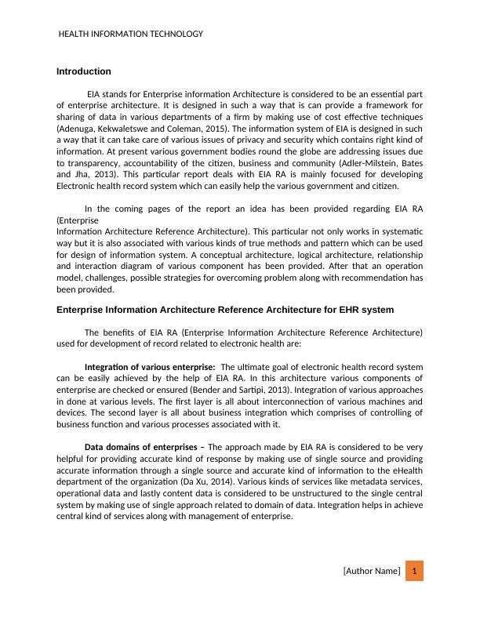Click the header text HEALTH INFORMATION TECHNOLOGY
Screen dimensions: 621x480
click(x=131, y=34)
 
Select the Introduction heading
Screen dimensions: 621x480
click(x=84, y=71)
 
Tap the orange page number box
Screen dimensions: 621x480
click(x=414, y=570)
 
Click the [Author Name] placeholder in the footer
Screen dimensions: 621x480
click(x=372, y=571)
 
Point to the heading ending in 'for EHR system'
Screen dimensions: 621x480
click(x=225, y=310)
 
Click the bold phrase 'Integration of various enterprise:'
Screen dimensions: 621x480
click(x=149, y=367)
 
